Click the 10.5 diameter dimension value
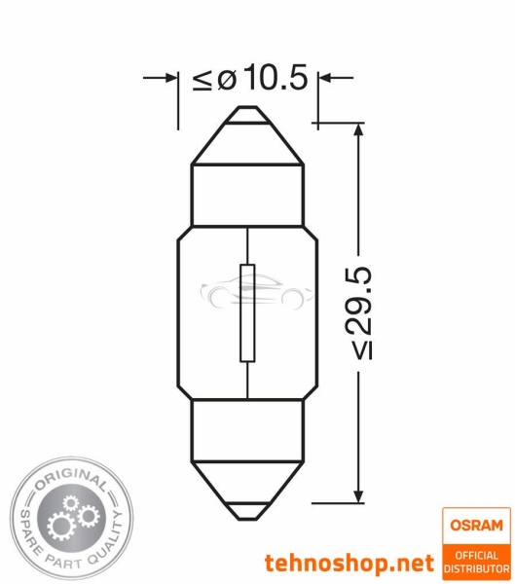276,78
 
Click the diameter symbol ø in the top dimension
227,80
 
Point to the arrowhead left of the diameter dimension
170,78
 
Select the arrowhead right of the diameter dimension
325,78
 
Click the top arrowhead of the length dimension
358,130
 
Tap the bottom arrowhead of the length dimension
358,495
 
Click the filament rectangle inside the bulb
247,312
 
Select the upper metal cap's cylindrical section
247,196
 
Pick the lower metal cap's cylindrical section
247,431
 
